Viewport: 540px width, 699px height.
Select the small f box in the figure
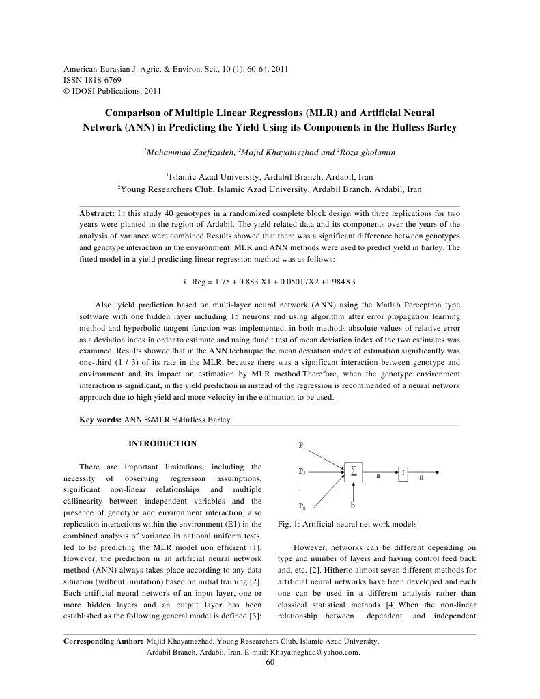[403, 472]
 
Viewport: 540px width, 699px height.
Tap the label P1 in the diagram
[302, 446]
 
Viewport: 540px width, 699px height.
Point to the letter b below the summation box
[352, 506]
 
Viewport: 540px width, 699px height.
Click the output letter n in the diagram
[421, 478]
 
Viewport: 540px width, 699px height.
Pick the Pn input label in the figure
[302, 507]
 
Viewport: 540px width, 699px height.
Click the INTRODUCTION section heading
[162, 443]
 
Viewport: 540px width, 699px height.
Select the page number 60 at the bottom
[270, 661]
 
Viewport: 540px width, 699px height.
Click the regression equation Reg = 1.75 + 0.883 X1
[273, 282]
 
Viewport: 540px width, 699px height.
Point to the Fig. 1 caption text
[347, 525]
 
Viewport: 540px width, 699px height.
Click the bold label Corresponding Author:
[103, 642]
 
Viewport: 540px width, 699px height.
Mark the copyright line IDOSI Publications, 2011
[116, 91]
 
